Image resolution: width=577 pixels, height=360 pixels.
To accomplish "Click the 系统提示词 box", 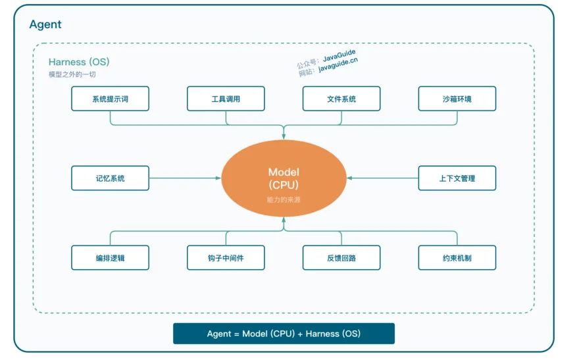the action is tap(110, 99).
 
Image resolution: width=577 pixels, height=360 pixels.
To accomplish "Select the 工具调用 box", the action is tap(226, 99).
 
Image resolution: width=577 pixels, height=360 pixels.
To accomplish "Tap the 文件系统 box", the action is tap(341, 99).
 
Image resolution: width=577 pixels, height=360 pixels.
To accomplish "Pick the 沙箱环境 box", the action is tap(457, 99).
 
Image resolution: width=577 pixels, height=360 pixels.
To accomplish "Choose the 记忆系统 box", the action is tap(110, 178).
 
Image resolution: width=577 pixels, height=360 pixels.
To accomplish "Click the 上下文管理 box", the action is tap(457, 178).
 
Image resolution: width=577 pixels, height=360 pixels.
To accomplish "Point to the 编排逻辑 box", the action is tap(110, 258).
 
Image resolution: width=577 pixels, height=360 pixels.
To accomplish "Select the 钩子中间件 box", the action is tap(226, 258).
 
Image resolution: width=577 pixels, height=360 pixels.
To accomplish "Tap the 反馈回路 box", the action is tap(341, 258).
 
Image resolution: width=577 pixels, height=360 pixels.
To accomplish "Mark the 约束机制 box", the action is tap(457, 258).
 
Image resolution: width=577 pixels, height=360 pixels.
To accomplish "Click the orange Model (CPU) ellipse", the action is tap(284, 178).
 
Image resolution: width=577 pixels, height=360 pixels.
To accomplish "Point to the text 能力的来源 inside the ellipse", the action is tap(284, 200).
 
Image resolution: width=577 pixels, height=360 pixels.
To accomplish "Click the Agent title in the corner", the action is tap(45, 24).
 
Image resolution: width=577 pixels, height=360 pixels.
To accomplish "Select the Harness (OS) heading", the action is tap(79, 62).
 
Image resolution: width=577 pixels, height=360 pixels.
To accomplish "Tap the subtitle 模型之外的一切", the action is tap(72, 74).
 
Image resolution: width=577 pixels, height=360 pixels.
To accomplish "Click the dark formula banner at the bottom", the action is tap(284, 334).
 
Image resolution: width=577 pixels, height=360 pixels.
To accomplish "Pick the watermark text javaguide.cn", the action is tap(338, 64).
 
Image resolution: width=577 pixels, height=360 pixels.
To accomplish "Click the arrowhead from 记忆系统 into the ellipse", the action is tap(218, 178).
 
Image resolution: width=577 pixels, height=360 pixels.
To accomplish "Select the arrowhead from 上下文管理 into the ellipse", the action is tap(349, 178).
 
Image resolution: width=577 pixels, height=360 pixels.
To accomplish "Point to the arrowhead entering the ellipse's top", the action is tap(284, 137).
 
